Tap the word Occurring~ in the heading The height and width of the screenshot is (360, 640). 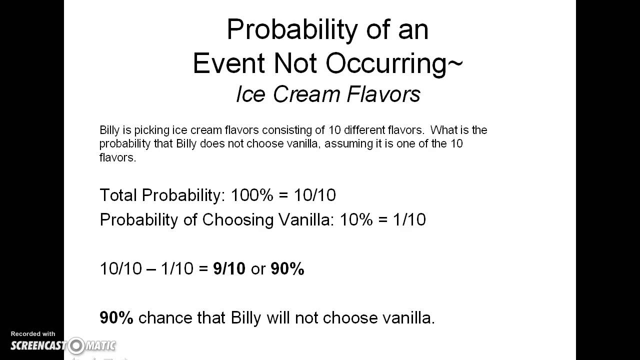[395, 63]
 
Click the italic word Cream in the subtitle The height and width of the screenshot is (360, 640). [299, 94]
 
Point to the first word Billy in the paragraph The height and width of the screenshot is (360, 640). [109, 130]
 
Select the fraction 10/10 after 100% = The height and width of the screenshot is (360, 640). [314, 195]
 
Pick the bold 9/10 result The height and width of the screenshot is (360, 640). [229, 269]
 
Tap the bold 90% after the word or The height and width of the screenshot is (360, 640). [287, 269]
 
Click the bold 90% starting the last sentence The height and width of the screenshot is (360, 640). [116, 318]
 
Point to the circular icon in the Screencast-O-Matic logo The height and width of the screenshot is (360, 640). [76, 345]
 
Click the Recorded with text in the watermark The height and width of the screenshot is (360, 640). [33, 334]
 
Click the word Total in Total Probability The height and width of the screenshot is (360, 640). [118, 195]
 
